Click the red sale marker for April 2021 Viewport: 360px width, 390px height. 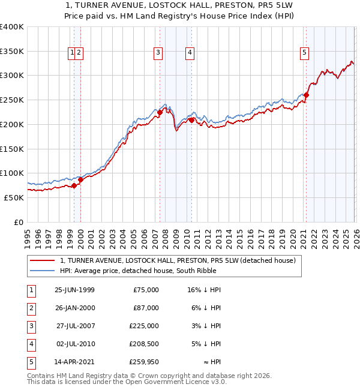(x=306, y=95)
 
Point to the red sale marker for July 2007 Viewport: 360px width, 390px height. (x=160, y=112)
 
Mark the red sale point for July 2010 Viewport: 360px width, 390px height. (x=192, y=120)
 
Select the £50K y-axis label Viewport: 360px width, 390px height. (x=14, y=197)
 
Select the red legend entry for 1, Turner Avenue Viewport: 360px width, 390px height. (x=178, y=260)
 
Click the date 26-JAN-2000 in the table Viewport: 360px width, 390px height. (x=74, y=308)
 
